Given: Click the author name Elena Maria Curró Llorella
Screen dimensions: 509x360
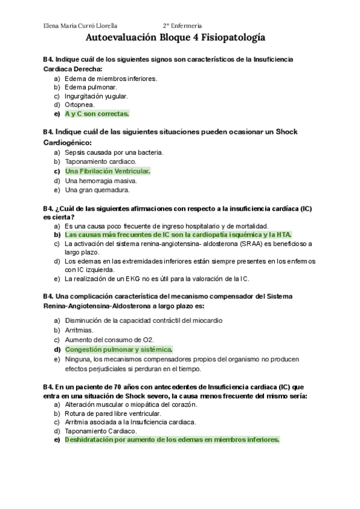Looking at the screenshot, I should click(81, 26).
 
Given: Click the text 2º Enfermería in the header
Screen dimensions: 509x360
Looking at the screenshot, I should click(182, 26).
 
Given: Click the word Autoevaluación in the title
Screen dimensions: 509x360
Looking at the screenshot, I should click(122, 38).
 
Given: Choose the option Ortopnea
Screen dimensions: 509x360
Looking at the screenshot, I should click(80, 104).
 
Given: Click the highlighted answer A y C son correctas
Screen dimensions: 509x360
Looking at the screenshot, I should click(97, 113).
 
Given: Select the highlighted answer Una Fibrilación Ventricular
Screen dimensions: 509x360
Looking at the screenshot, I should click(107, 171).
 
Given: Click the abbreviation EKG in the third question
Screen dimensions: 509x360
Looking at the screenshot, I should click(134, 279).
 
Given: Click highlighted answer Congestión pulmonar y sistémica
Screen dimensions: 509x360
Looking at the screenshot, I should click(119, 349).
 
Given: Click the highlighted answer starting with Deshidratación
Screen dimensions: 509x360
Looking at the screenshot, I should click(172, 439).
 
